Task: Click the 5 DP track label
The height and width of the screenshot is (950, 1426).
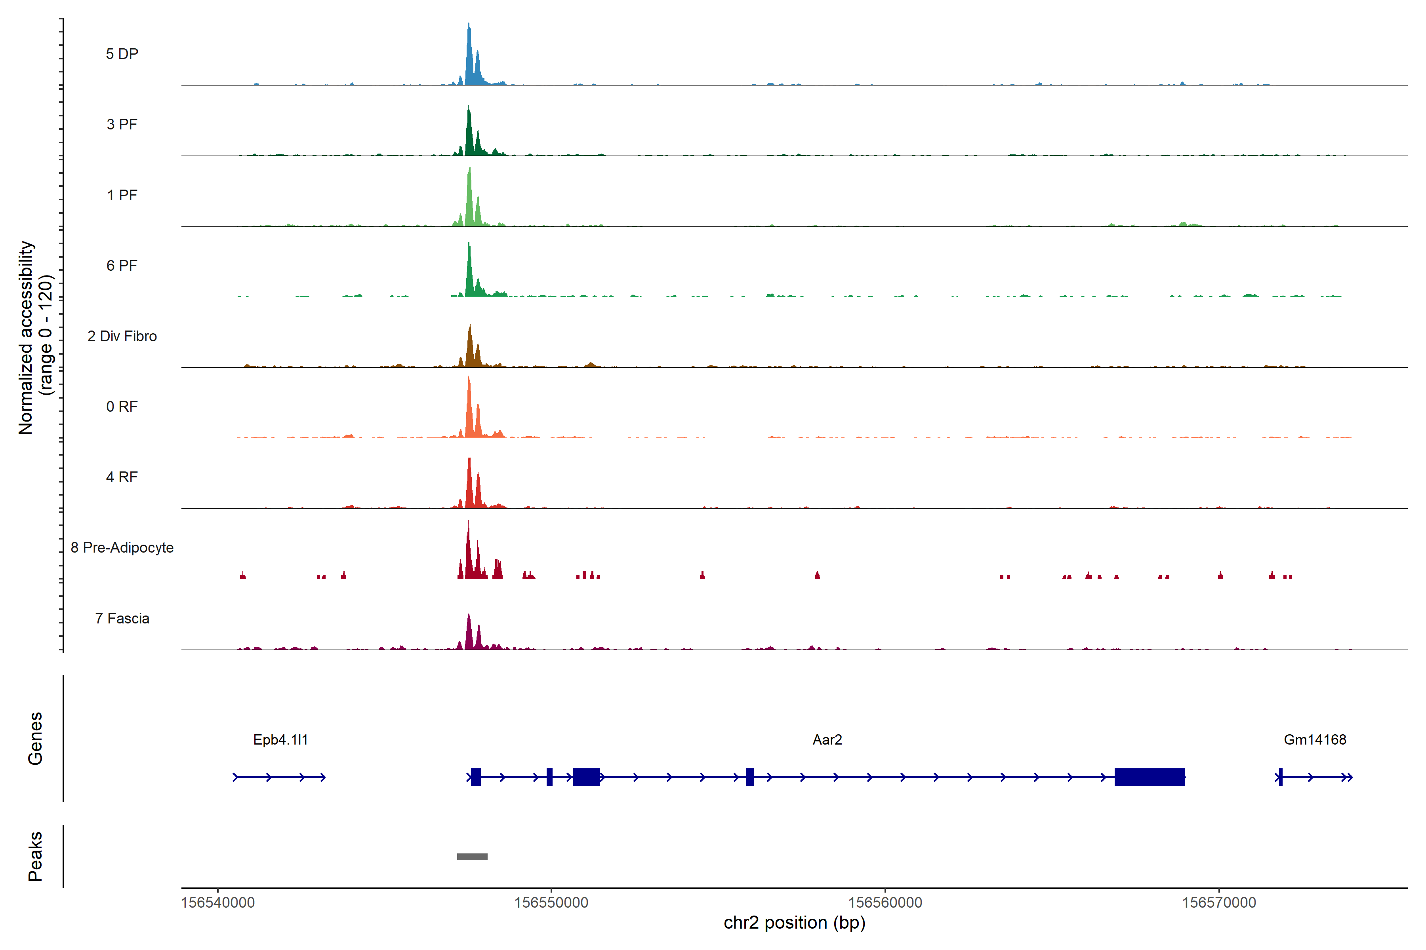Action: pos(122,54)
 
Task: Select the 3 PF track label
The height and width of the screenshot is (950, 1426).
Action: pos(122,124)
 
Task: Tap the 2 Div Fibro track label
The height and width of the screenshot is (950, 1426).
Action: pos(122,336)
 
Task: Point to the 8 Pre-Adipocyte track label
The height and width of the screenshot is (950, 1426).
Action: pos(122,548)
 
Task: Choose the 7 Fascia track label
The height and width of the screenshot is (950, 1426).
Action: pos(122,619)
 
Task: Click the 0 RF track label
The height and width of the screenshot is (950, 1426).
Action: pos(122,407)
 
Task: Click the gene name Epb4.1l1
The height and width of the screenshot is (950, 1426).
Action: pos(281,740)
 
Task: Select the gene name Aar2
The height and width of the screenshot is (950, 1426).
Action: pos(827,740)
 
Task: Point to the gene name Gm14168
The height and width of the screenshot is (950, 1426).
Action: pos(1314,740)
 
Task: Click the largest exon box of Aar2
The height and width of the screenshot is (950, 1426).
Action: pos(1150,777)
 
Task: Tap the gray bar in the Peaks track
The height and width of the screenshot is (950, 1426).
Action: pos(472,857)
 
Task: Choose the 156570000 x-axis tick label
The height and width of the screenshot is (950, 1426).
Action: pos(1219,902)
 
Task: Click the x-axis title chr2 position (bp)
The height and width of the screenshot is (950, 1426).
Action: pos(794,923)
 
